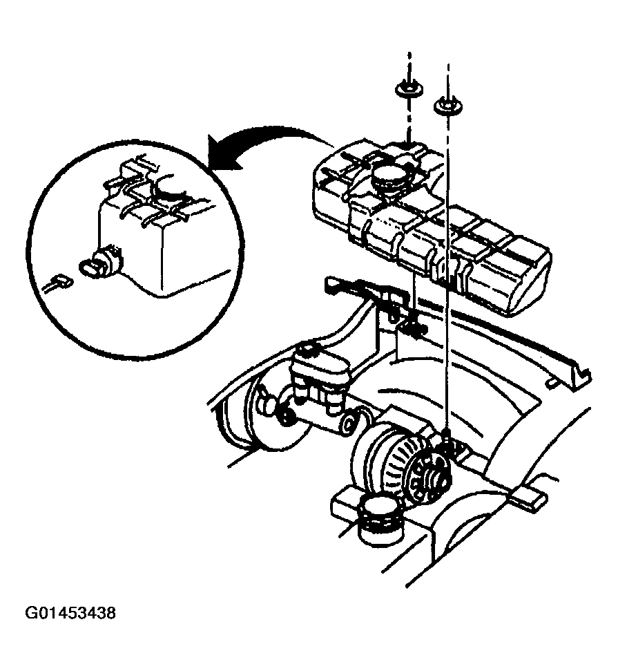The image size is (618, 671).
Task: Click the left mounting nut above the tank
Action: [x=407, y=91]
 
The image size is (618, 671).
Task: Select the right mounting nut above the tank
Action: [x=447, y=106]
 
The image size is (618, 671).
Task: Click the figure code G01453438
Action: [x=70, y=613]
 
